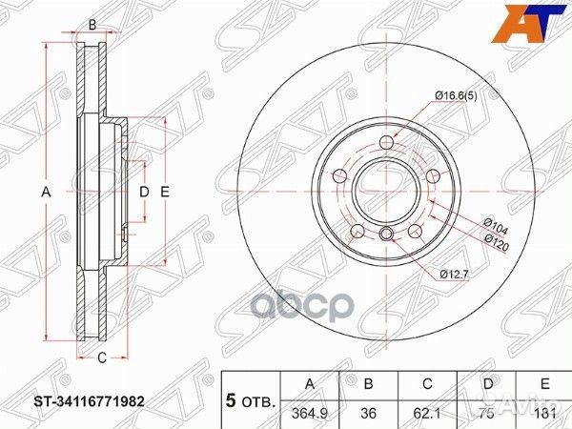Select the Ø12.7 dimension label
point(455,275)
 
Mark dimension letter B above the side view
point(92,24)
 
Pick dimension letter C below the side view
point(99,357)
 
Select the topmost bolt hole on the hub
point(385,143)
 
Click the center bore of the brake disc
point(385,191)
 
